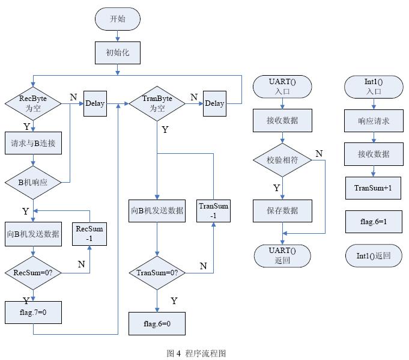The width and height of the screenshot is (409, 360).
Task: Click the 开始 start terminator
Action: pos(117,19)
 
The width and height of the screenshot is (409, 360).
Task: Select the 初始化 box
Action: pos(117,52)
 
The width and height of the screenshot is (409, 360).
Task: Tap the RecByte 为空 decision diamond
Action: pos(33,103)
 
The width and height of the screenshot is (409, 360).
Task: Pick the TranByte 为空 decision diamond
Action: pos(157,103)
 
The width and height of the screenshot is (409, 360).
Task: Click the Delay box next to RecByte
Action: pos(94,103)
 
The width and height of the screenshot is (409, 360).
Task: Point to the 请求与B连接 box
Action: pos(33,144)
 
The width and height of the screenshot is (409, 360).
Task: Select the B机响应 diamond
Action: pos(33,181)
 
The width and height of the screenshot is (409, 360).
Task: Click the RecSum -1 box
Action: pos(89,234)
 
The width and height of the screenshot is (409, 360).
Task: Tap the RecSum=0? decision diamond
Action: pos(33,272)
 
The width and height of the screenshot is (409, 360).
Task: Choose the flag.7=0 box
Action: pos(33,312)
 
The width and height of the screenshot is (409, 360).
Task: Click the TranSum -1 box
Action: pos(214,211)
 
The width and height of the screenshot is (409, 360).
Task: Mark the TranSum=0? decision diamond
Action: pos(157,272)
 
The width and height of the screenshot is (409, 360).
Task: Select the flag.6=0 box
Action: pos(157,323)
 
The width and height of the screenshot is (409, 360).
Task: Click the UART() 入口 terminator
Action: pos(282,87)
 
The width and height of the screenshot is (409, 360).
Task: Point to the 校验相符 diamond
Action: pos(282,160)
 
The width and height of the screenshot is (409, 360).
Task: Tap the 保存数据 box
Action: pos(282,211)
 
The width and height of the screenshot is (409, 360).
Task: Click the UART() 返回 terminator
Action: pos(282,255)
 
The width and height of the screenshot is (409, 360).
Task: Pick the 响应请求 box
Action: pos(374,121)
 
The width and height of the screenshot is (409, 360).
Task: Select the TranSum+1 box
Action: pos(374,188)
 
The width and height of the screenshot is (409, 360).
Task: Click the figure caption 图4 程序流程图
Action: pos(196,353)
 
